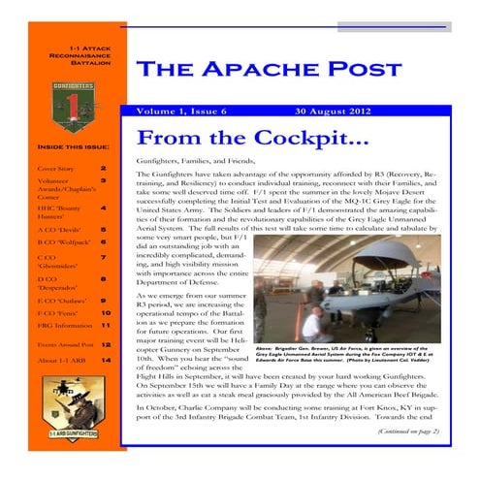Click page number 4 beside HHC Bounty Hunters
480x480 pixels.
point(104,208)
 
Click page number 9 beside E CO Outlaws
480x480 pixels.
point(104,301)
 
